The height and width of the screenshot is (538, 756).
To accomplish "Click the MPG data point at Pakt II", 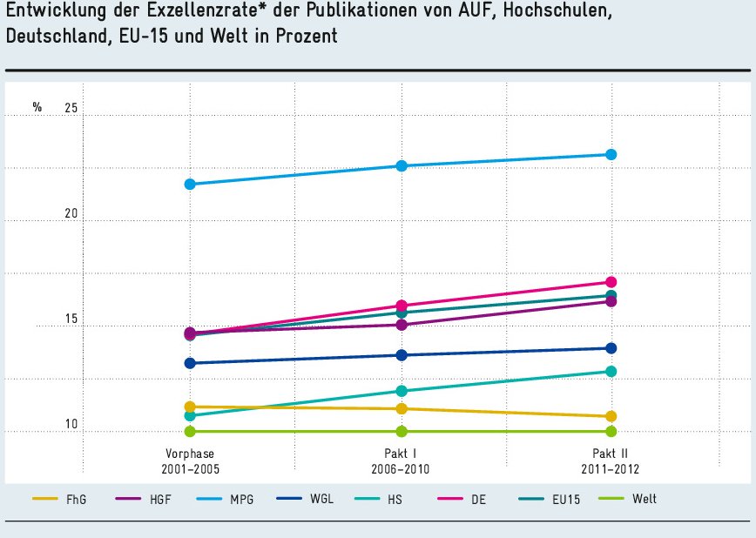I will (611, 155).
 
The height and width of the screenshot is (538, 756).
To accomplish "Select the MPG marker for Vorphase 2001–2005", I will (190, 185).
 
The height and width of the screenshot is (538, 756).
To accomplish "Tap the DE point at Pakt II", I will (611, 282).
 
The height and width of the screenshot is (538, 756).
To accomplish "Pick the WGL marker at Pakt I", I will (402, 355).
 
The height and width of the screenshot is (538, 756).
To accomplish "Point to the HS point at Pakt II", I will (611, 372).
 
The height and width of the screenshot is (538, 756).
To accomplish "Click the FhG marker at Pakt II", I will (611, 417).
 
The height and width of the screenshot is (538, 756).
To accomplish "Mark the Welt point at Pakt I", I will (402, 431).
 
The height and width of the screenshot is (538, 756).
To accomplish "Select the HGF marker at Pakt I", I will (402, 325).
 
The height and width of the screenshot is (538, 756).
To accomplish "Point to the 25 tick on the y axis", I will (71, 108).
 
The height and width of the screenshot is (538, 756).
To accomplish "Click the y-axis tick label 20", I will (71, 214).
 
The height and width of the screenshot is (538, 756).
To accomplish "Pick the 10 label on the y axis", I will (71, 425).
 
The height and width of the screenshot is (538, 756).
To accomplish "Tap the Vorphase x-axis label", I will (190, 454).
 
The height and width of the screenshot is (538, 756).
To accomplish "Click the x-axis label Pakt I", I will (402, 454).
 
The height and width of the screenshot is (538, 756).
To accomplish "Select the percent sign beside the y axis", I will (37, 108).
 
